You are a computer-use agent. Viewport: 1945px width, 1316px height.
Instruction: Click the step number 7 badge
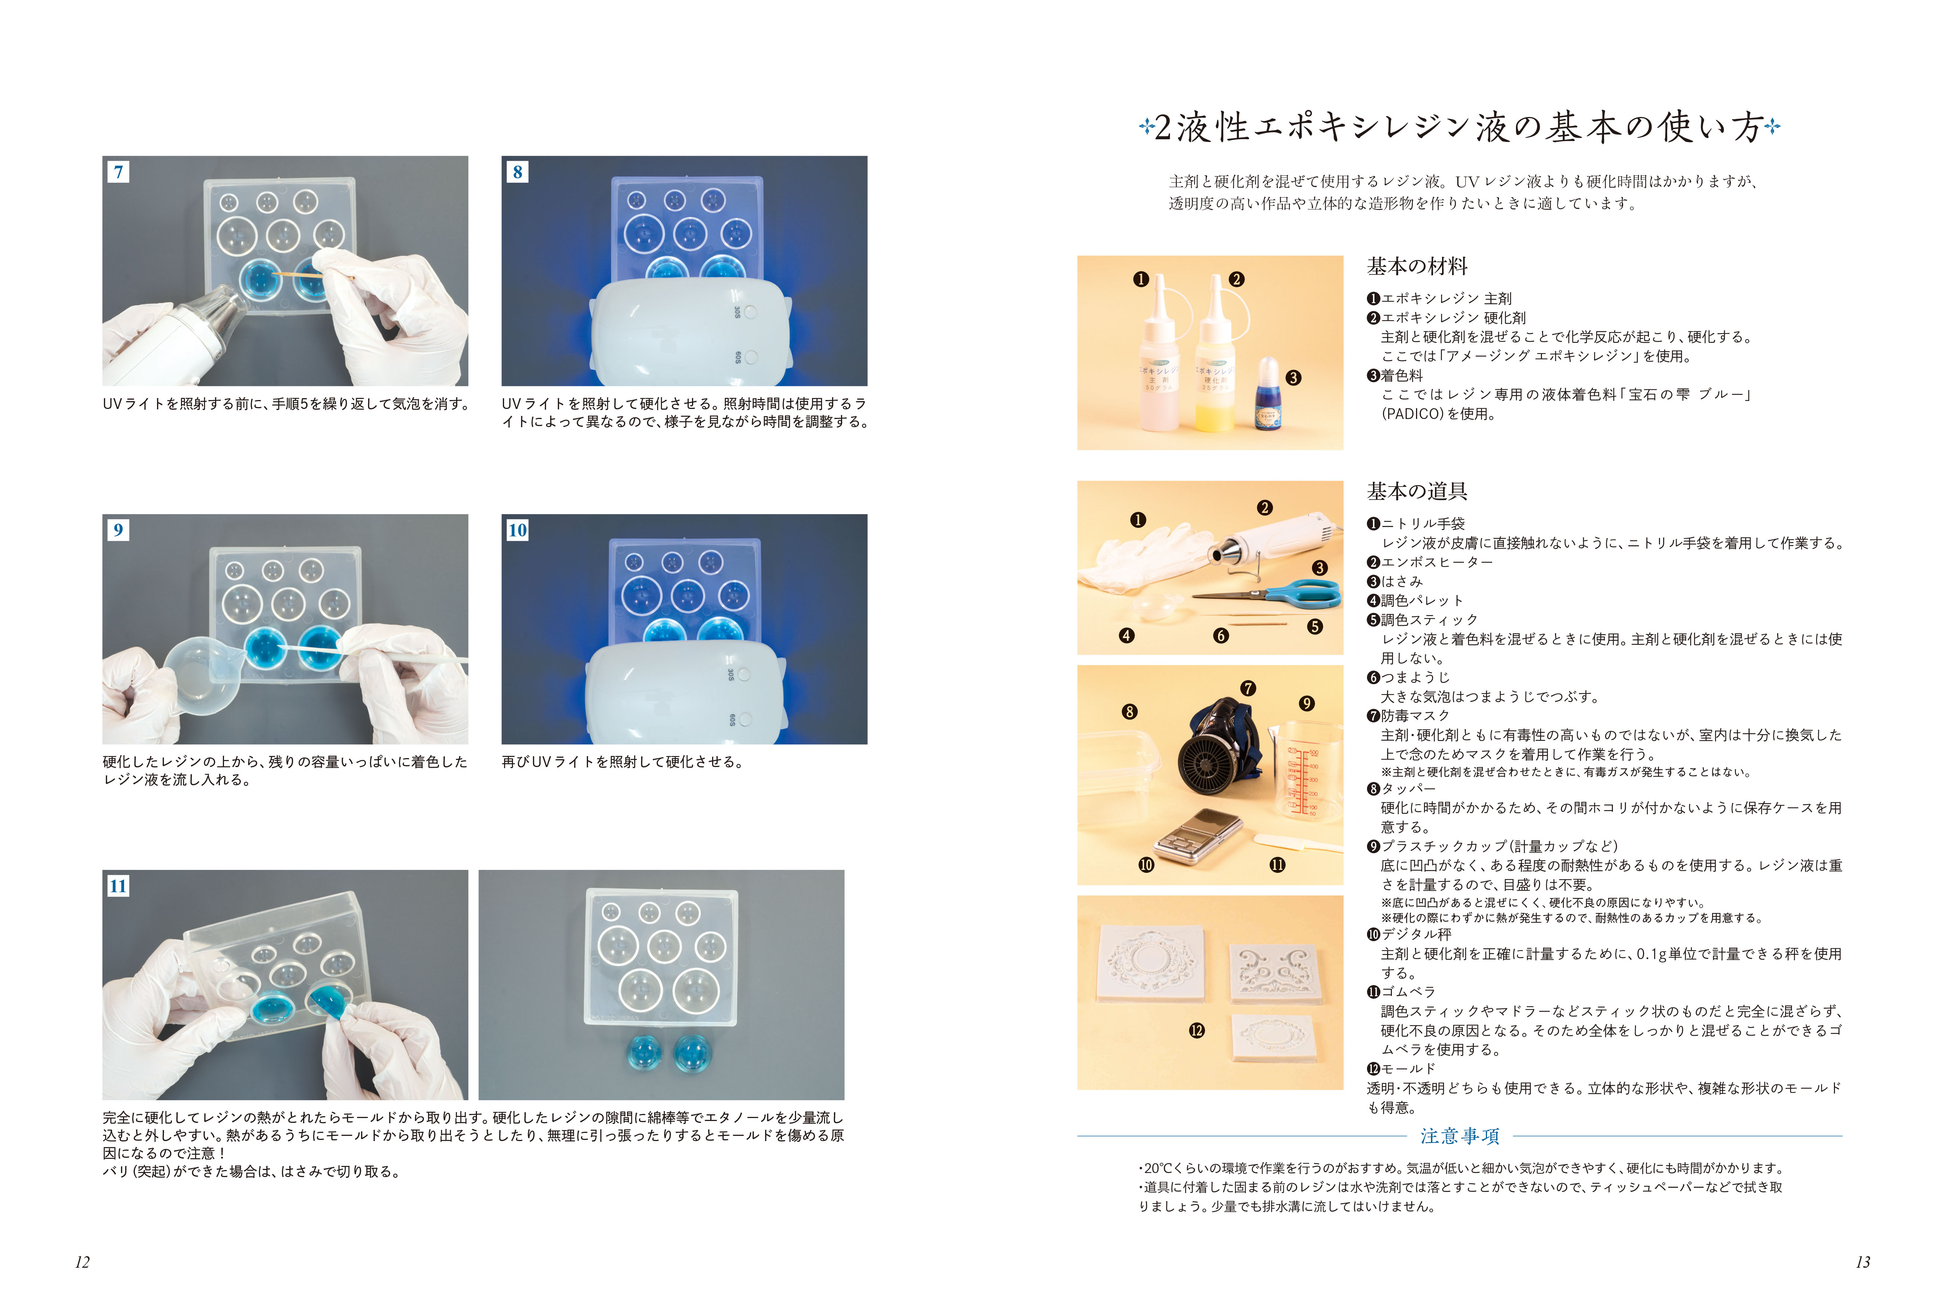click(x=118, y=172)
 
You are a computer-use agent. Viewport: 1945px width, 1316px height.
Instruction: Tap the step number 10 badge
click(x=517, y=530)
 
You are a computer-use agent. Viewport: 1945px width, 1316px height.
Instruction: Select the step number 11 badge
click(x=118, y=886)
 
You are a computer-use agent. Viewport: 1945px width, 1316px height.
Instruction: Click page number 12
click(x=82, y=1263)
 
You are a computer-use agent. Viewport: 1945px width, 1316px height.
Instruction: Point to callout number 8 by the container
click(x=1129, y=712)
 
